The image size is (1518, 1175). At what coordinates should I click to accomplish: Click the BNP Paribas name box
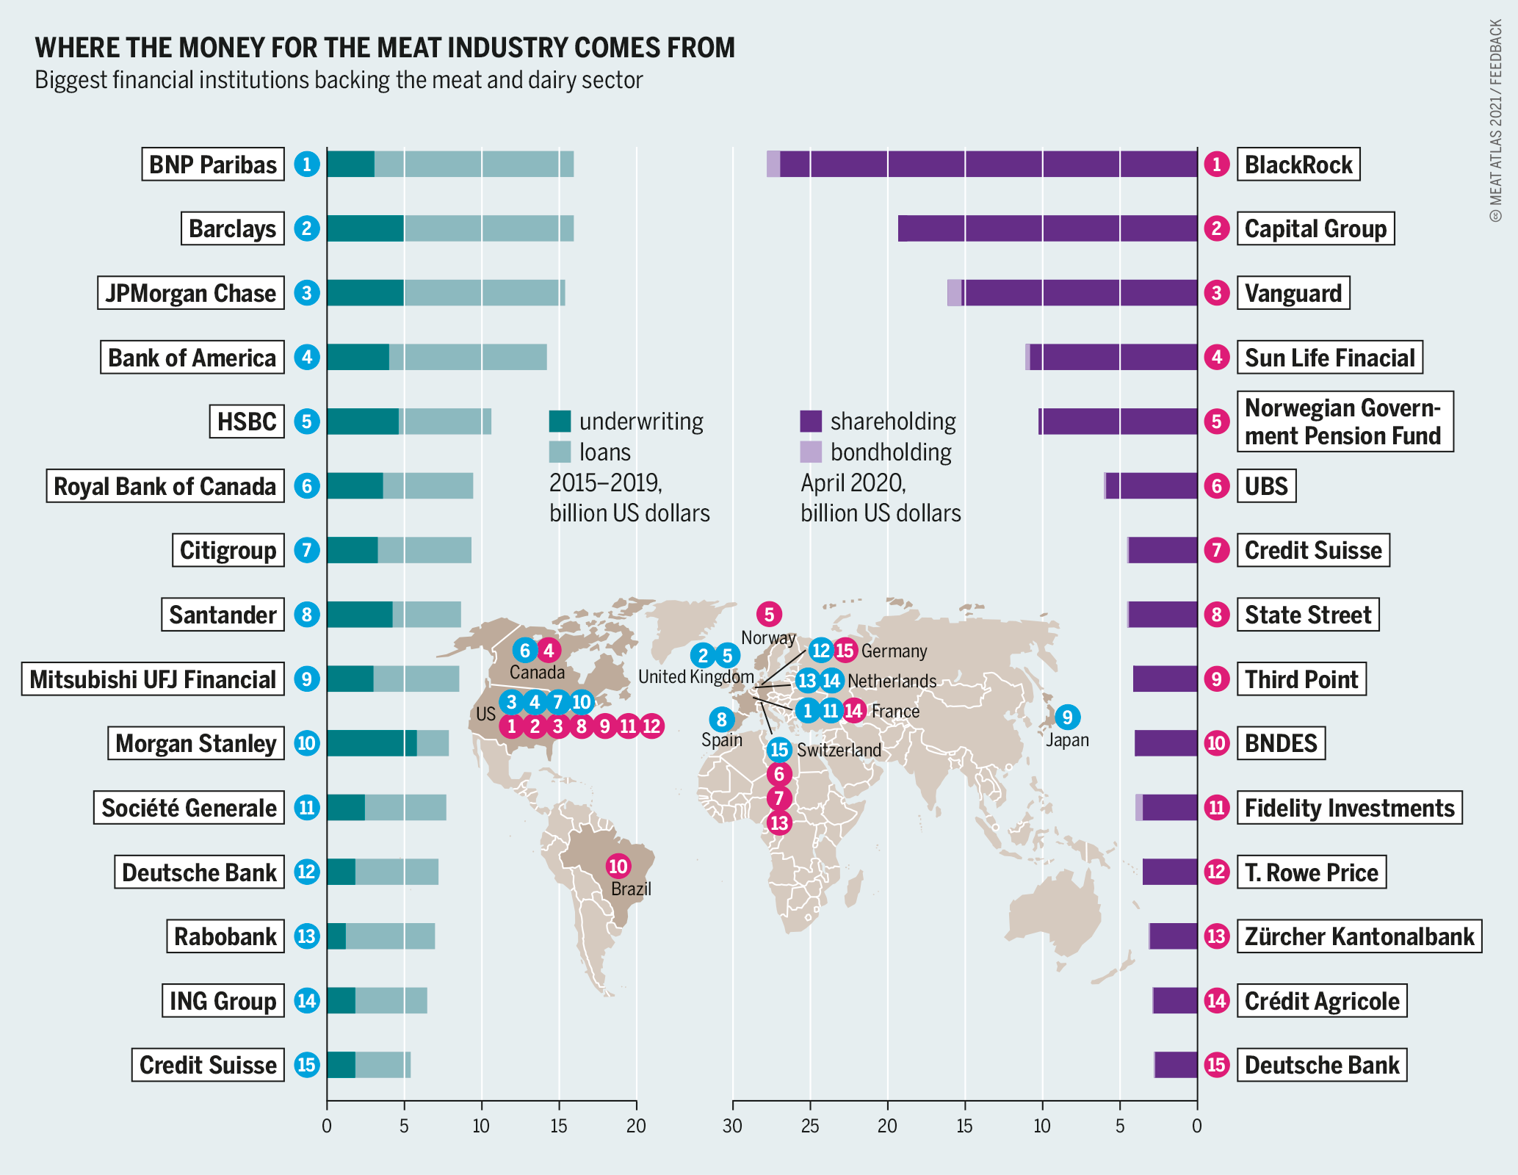tap(213, 164)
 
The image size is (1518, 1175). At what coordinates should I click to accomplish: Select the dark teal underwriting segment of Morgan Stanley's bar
tap(371, 743)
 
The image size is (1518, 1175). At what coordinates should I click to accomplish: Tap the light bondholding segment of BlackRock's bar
tap(773, 164)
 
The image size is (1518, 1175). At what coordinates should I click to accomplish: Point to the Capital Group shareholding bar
tap(1047, 228)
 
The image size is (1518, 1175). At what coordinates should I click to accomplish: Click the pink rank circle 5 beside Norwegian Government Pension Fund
tap(1217, 422)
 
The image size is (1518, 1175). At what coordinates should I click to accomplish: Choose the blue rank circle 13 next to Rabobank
tap(306, 936)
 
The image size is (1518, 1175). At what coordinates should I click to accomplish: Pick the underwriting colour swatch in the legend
tap(560, 421)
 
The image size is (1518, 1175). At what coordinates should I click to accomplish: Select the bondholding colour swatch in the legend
tap(811, 452)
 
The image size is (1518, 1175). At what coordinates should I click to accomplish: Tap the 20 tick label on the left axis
tap(636, 1126)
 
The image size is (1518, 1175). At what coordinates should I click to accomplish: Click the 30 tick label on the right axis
tap(732, 1126)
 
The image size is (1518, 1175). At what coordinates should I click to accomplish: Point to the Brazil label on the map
tap(631, 889)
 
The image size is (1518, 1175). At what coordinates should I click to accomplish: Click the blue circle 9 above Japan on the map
tap(1067, 717)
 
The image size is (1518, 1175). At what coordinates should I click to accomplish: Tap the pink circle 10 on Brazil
tap(618, 866)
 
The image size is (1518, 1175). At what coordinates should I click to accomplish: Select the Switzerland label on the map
tap(839, 750)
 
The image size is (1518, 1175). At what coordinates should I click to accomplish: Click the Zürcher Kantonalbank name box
tap(1359, 936)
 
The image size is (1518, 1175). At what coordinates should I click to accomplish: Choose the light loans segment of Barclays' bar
tap(488, 228)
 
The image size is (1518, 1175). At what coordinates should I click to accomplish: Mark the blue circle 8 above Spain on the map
tap(722, 719)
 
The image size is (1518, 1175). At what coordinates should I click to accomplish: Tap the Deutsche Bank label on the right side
tap(1322, 1065)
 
